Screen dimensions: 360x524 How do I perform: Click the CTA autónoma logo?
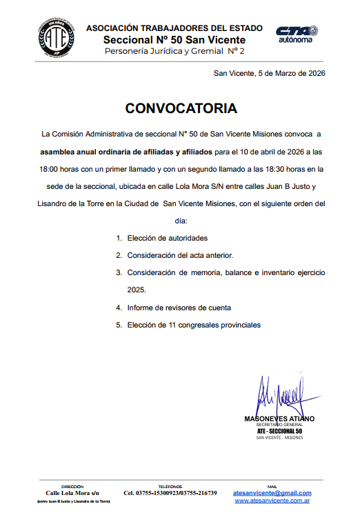pyautogui.click(x=296, y=34)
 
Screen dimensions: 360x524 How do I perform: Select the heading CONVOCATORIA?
pyautogui.click(x=181, y=108)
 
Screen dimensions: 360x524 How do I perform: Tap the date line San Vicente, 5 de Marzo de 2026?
pyautogui.click(x=269, y=73)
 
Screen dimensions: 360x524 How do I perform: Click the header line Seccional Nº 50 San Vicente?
pyautogui.click(x=174, y=40)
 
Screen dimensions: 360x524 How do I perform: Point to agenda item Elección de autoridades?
pyautogui.click(x=167, y=238)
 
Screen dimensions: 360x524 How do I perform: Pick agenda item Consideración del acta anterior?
pyautogui.click(x=180, y=255)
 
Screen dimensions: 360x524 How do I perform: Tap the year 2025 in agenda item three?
pyautogui.click(x=137, y=290)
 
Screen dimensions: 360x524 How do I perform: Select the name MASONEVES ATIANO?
pyautogui.click(x=279, y=419)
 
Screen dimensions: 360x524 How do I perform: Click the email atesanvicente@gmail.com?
pyautogui.click(x=272, y=493)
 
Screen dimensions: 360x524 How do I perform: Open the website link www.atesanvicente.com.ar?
pyautogui.click(x=272, y=501)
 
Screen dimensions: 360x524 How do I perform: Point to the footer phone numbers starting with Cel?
pyautogui.click(x=170, y=493)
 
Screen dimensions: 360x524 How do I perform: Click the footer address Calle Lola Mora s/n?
pyautogui.click(x=72, y=493)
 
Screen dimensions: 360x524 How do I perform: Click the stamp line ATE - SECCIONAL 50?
pyautogui.click(x=279, y=431)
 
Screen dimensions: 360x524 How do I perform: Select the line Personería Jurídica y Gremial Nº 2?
pyautogui.click(x=174, y=52)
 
